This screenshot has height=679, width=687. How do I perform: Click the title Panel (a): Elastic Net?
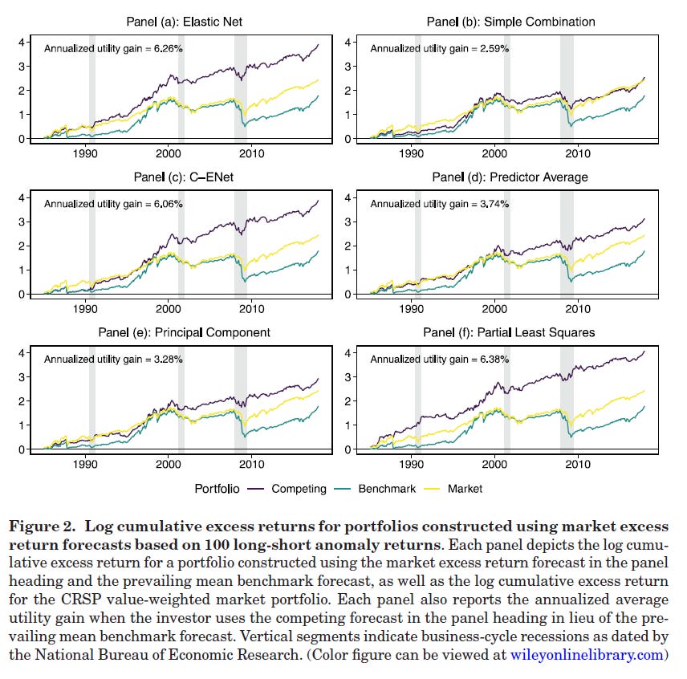tap(185, 22)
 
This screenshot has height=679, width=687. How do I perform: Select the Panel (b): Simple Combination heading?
tap(510, 22)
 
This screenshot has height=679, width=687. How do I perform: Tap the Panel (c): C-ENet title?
tap(185, 177)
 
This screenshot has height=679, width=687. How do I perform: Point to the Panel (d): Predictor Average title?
tap(510, 177)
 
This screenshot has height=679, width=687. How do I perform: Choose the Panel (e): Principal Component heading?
tap(185, 332)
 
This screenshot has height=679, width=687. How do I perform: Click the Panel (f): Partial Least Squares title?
tap(510, 332)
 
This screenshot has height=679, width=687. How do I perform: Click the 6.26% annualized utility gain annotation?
tap(113, 48)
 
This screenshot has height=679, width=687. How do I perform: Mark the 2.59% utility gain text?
tap(439, 48)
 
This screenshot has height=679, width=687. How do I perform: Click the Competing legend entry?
tap(299, 488)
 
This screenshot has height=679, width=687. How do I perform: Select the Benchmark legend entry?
tap(387, 488)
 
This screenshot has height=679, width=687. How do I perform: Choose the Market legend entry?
tap(465, 488)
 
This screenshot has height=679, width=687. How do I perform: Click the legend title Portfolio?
tap(217, 488)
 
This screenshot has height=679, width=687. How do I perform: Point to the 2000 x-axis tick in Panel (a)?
tap(168, 153)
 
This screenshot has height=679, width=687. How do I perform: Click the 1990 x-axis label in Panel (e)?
tap(86, 464)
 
